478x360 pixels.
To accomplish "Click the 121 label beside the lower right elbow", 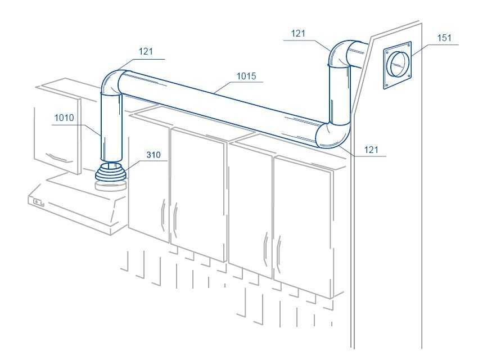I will click(372, 150).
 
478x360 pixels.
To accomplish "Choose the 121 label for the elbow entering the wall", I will click(299, 34).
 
